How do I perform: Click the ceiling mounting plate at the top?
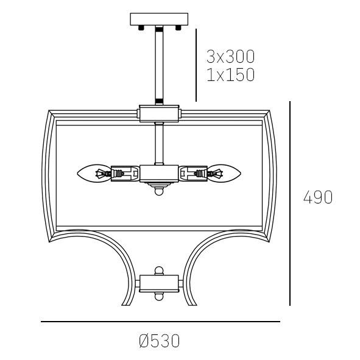click(159, 19)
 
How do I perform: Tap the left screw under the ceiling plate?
click(141, 28)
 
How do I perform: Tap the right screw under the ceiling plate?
click(178, 28)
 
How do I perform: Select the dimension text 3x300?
click(230, 57)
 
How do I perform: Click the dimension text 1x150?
click(231, 74)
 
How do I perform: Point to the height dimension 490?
click(318, 197)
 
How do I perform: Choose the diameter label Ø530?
click(160, 341)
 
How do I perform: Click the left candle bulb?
click(94, 174)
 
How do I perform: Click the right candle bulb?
click(224, 174)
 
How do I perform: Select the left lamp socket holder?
click(125, 174)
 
